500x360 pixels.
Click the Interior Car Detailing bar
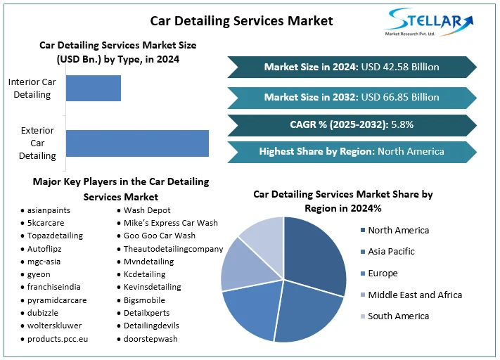[93, 88]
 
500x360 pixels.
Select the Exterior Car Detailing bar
[137, 143]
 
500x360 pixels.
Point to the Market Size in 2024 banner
[352, 67]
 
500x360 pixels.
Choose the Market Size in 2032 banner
[352, 97]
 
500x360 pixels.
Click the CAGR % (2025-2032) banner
[352, 124]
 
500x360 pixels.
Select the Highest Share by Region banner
[352, 151]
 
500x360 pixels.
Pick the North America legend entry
[398, 230]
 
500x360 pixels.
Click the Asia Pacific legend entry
[391, 251]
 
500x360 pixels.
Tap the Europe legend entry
[383, 273]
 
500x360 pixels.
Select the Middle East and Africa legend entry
[415, 295]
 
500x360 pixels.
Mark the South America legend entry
[398, 316]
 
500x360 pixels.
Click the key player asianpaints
[49, 210]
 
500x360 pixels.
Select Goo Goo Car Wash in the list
[160, 236]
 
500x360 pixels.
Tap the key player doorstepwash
[150, 338]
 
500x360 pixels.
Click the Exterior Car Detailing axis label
[38, 143]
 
